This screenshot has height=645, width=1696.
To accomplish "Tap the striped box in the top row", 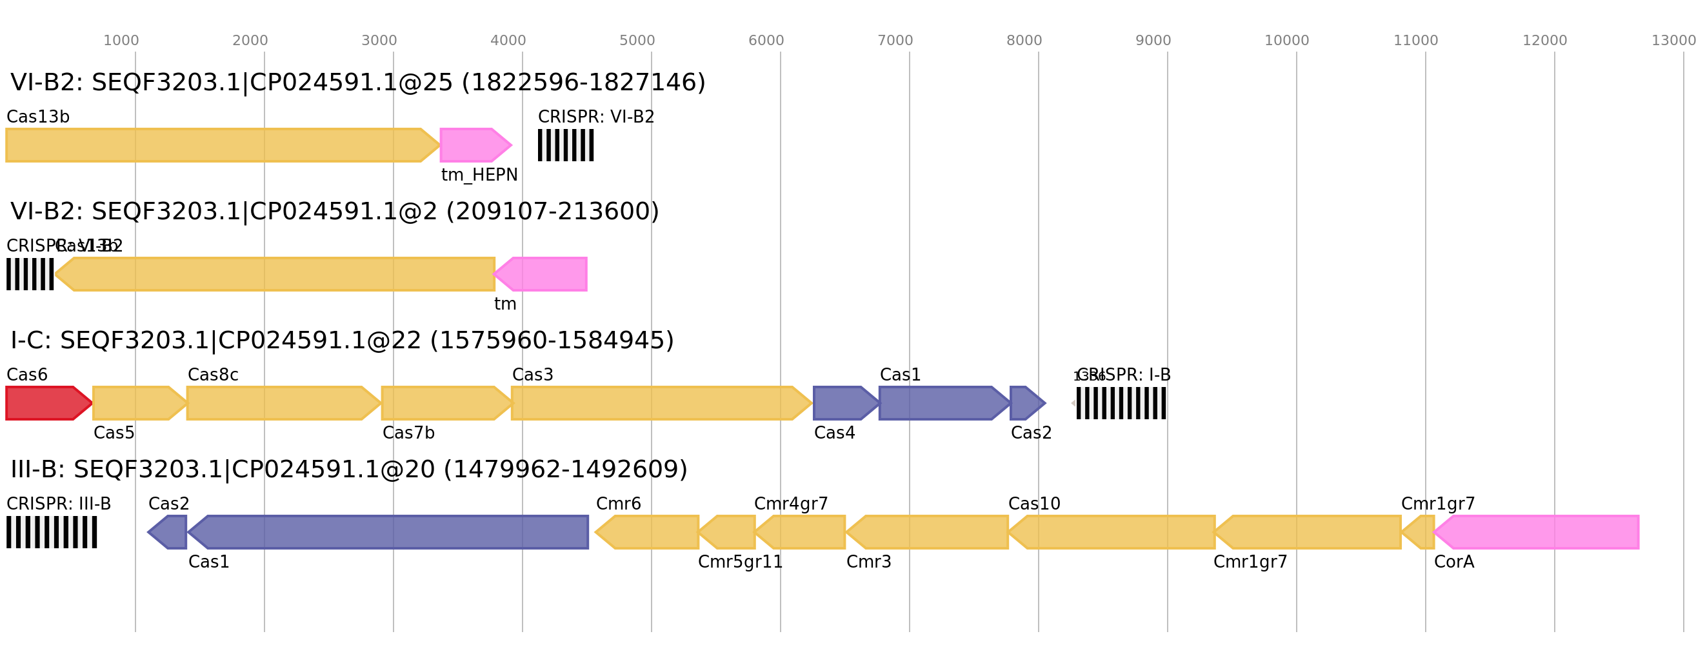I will [566, 144].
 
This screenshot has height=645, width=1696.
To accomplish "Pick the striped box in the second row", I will [30, 273].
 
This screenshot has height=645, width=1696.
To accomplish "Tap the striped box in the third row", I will [1121, 402].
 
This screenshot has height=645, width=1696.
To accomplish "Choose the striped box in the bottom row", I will [52, 531].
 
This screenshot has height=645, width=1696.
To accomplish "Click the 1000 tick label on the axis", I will [121, 41].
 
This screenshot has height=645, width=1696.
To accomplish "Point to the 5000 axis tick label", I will [637, 41].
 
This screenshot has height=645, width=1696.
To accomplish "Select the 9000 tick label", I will [1153, 41].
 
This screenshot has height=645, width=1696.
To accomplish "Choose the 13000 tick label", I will [1672, 41].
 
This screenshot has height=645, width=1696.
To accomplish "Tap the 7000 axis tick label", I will [895, 41].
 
